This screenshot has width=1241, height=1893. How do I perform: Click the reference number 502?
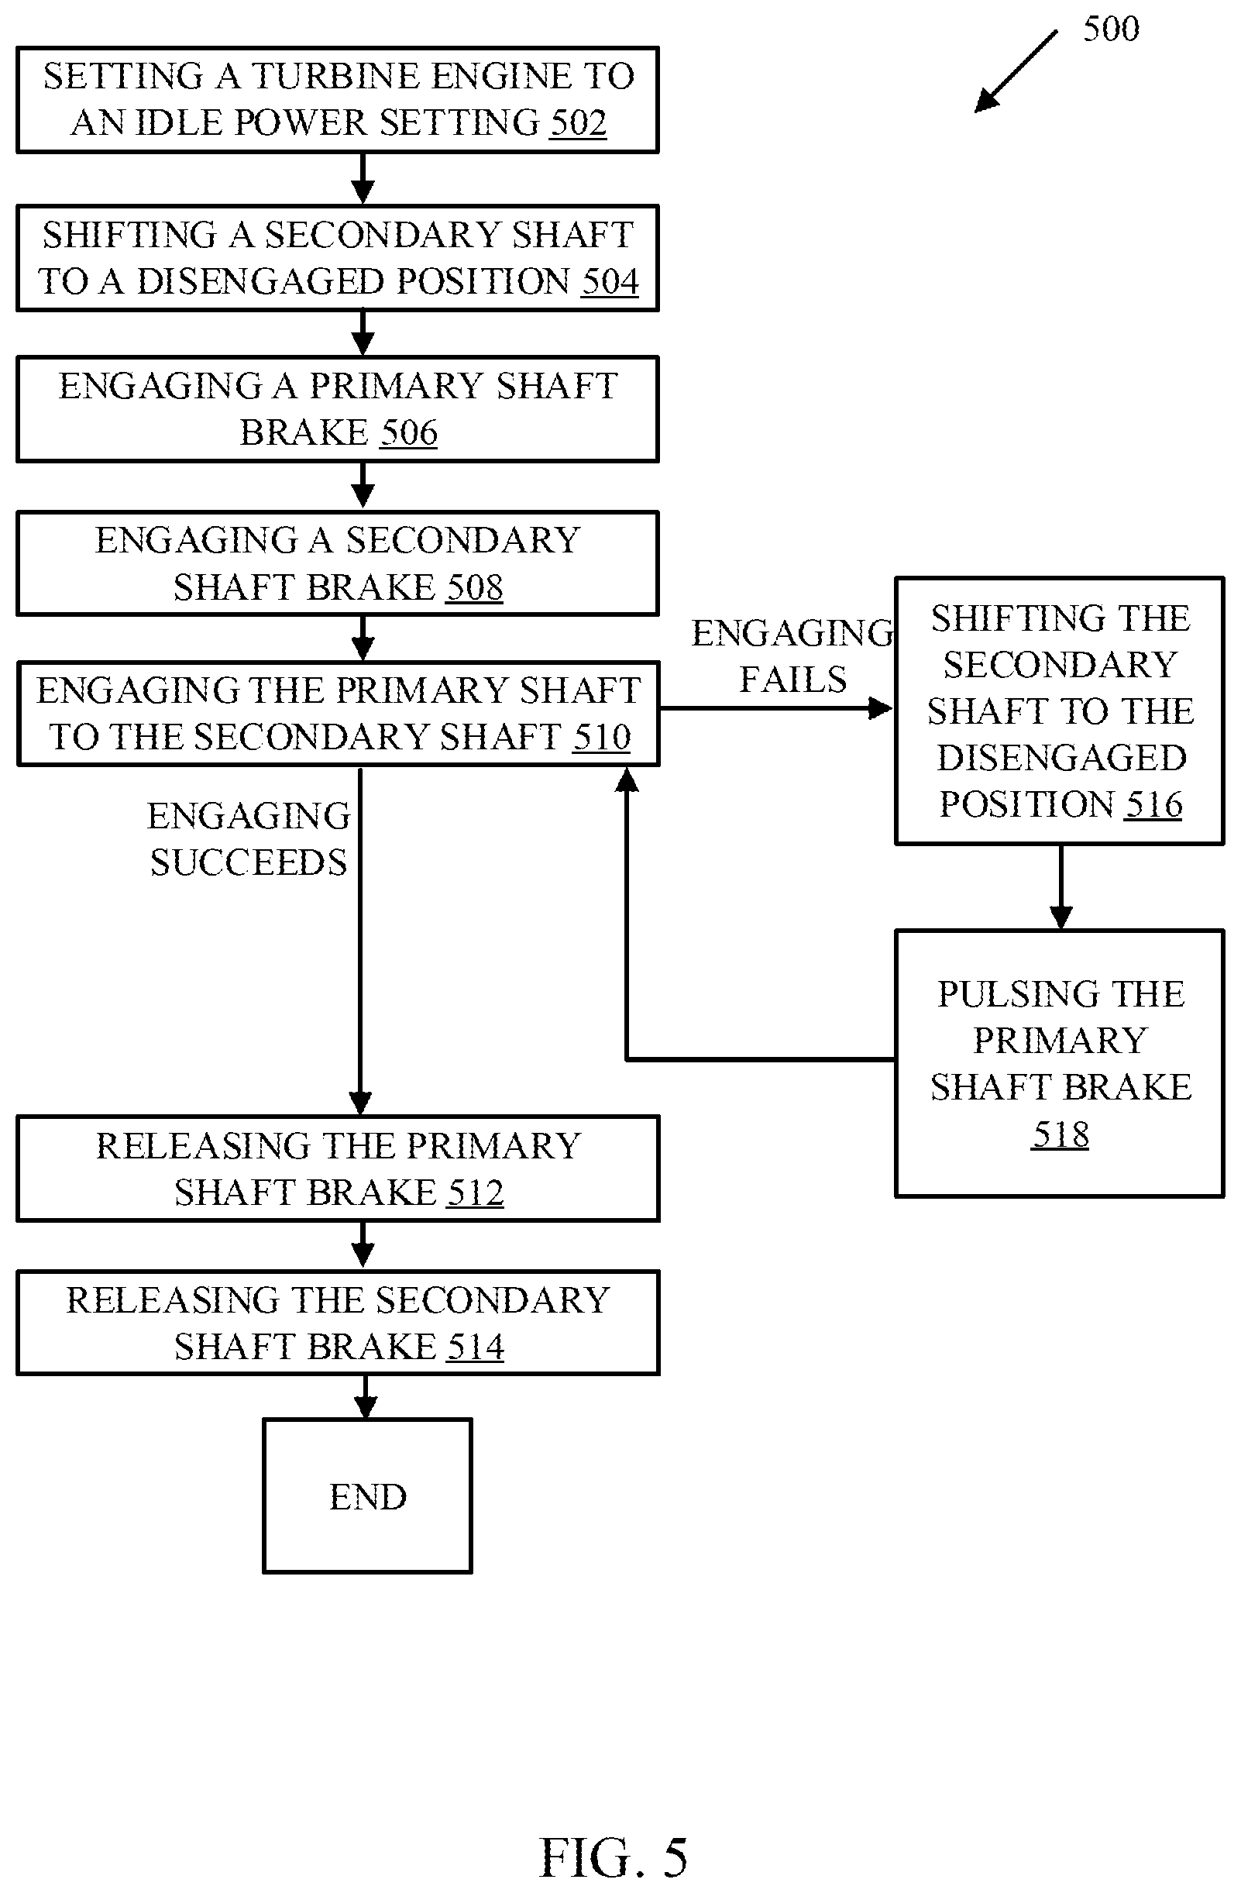[578, 123]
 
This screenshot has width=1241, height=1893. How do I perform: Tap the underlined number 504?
[610, 281]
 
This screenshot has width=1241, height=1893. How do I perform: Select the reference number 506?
[409, 432]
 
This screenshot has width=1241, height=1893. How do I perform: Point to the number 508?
[474, 588]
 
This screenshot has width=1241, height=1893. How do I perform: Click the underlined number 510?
[602, 738]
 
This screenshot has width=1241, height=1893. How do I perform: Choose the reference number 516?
[1153, 804]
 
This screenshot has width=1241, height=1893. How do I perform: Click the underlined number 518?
[1060, 1134]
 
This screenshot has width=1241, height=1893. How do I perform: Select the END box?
[367, 1496]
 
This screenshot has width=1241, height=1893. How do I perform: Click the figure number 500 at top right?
[1111, 29]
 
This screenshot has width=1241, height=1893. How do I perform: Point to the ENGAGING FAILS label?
[792, 657]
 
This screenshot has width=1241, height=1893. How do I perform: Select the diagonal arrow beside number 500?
[1016, 71]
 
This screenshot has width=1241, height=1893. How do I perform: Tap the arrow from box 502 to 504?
[363, 179]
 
